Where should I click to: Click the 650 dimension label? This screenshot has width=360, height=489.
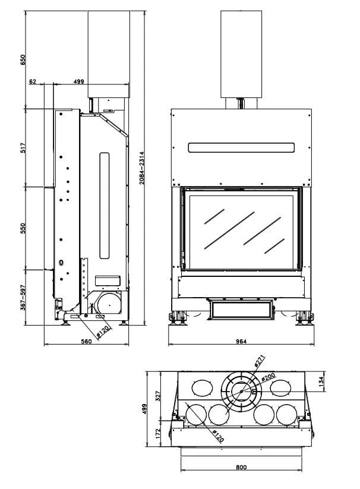23,59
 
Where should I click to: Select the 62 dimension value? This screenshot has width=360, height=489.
33,82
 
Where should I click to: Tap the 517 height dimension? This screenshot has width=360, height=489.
23,148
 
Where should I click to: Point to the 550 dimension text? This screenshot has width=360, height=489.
23,229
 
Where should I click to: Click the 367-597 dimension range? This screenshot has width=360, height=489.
23,297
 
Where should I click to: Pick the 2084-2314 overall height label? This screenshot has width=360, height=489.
142,168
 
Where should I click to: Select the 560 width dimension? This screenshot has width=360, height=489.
86,341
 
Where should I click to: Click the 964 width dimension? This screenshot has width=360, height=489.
241,341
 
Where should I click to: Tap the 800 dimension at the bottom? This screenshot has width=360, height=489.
241,467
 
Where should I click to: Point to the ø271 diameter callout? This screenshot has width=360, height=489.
260,361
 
